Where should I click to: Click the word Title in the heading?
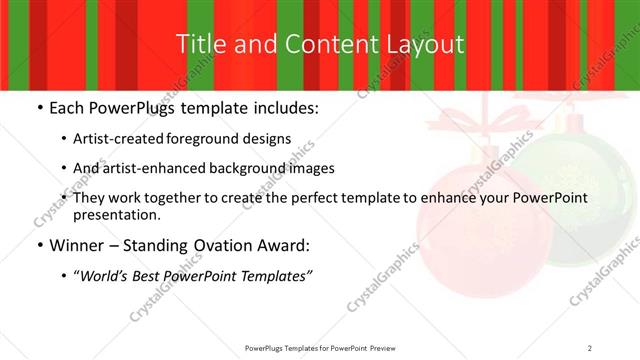click(199, 44)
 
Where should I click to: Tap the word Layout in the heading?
click(427, 44)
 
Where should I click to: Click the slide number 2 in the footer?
click(590, 347)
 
